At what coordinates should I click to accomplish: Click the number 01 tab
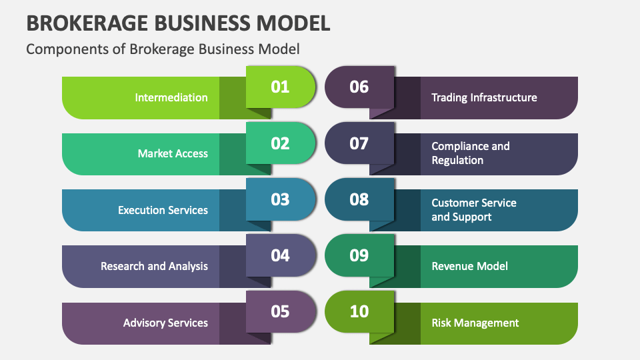(280, 87)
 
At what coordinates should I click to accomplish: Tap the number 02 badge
(280, 143)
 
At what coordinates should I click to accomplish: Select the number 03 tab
(280, 199)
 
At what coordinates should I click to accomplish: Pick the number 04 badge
(280, 255)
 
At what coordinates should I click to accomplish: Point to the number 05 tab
(280, 311)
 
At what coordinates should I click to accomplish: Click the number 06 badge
(359, 87)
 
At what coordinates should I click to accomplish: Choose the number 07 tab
(359, 143)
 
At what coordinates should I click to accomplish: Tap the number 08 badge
(359, 199)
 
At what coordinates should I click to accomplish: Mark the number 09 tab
(359, 255)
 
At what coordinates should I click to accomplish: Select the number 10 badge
(359, 311)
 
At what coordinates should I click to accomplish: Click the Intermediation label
(171, 97)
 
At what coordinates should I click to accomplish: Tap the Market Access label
(173, 153)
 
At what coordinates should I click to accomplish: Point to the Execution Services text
(163, 210)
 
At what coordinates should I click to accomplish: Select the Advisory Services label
(165, 323)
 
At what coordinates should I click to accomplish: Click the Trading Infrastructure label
(484, 97)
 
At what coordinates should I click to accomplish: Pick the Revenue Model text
(469, 266)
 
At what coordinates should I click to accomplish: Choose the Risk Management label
(475, 323)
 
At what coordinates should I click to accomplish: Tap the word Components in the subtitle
(60, 49)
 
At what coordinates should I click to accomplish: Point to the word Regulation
(457, 160)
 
